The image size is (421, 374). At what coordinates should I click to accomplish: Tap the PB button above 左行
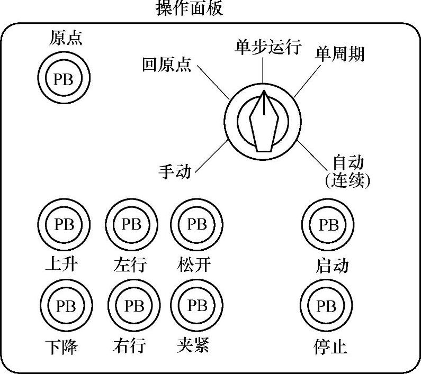point(132,225)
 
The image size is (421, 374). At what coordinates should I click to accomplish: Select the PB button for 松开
point(196,225)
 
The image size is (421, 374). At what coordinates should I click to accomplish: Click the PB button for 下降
point(66,306)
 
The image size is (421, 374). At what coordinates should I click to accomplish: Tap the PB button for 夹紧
point(198,306)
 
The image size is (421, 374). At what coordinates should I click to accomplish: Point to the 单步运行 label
point(268,47)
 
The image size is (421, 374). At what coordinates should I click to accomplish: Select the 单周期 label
point(340,53)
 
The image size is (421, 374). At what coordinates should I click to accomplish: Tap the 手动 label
point(175,171)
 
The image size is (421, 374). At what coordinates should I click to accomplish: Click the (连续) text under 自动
point(347,180)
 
